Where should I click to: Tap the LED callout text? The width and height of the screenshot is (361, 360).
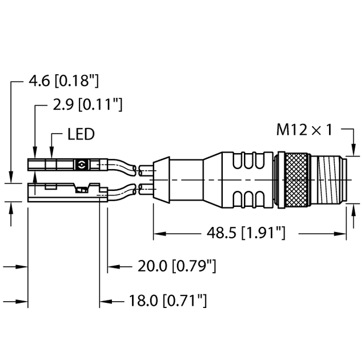[x=81, y=135]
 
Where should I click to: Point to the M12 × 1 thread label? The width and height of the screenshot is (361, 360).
[x=304, y=130]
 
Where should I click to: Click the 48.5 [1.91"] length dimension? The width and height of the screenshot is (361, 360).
[x=245, y=233]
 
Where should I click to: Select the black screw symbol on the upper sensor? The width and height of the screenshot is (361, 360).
[x=81, y=165]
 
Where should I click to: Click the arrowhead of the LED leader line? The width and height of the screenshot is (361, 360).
[x=52, y=154]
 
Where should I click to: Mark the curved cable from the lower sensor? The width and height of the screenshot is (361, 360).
[x=123, y=193]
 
